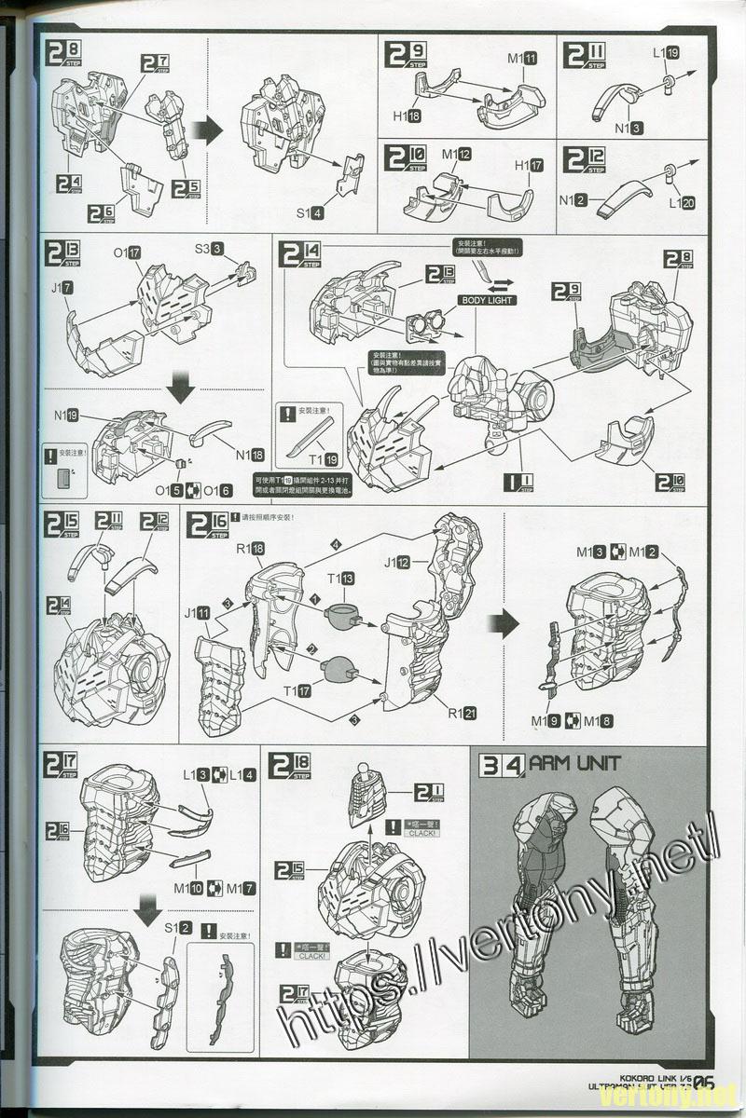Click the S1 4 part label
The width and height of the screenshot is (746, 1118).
point(311,213)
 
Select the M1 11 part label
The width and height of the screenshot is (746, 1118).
point(522,58)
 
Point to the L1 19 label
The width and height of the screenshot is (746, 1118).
point(666,53)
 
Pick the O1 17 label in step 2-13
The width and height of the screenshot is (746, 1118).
point(126,252)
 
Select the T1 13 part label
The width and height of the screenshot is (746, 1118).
point(340,579)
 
